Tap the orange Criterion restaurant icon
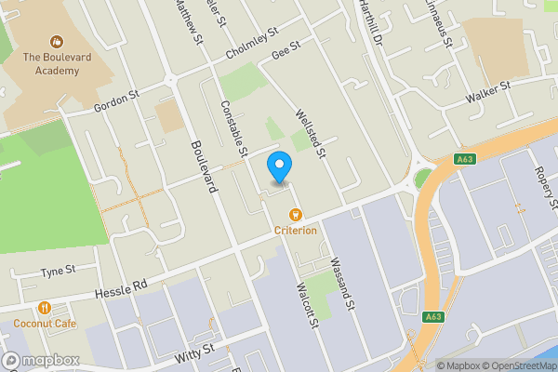coord(296,215)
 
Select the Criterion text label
coord(295,231)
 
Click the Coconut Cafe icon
coord(44,309)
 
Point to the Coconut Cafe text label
coord(44,324)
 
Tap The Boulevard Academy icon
coord(57,42)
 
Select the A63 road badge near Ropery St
coord(466,159)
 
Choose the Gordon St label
coord(116,101)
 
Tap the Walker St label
coord(489,91)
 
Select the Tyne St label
coord(57,272)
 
